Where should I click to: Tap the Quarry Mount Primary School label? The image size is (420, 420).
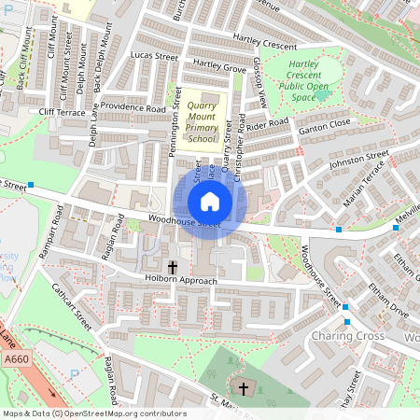pos(202,123)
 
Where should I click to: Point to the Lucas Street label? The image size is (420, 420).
pos(154,57)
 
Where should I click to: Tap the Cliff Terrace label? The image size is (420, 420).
pos(62,111)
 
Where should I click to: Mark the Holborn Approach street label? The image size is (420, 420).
pos(181,280)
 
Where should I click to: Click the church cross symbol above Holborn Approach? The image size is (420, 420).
pos(172,266)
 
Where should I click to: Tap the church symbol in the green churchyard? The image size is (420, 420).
pos(245,387)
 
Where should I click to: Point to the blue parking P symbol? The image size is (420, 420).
pos(75,373)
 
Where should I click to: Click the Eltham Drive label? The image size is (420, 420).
pos(386,298)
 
